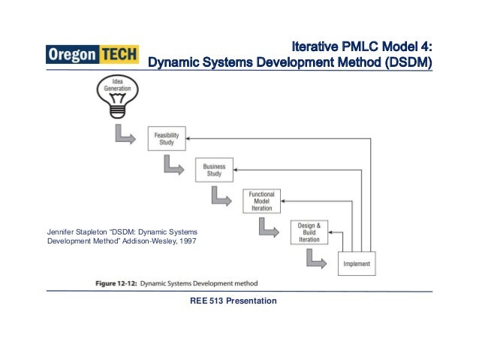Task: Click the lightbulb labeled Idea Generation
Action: (117, 94)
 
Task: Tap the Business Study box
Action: (214, 170)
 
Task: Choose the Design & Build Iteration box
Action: (309, 232)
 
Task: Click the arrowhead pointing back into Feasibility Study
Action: (189, 138)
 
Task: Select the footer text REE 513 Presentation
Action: (234, 301)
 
